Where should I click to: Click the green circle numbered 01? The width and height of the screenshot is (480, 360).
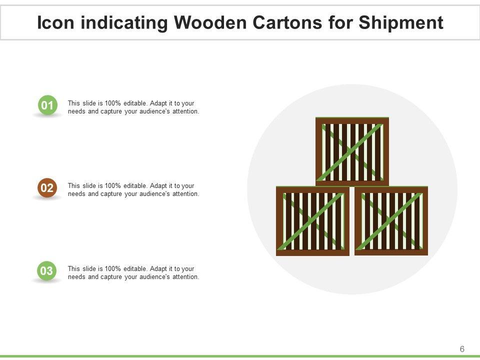click(x=47, y=105)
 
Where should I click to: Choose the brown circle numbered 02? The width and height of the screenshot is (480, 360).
click(x=47, y=188)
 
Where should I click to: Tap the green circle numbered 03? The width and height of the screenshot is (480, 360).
click(x=47, y=271)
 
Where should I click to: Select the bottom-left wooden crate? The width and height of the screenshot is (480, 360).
click(x=312, y=221)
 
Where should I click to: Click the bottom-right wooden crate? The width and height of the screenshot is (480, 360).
click(x=391, y=221)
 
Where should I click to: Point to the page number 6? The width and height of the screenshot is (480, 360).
click(x=462, y=349)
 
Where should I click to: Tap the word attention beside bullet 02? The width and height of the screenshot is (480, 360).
click(x=185, y=194)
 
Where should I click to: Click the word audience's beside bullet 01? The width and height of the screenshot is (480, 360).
click(x=154, y=111)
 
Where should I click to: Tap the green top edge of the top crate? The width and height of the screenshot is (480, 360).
click(x=352, y=118)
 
